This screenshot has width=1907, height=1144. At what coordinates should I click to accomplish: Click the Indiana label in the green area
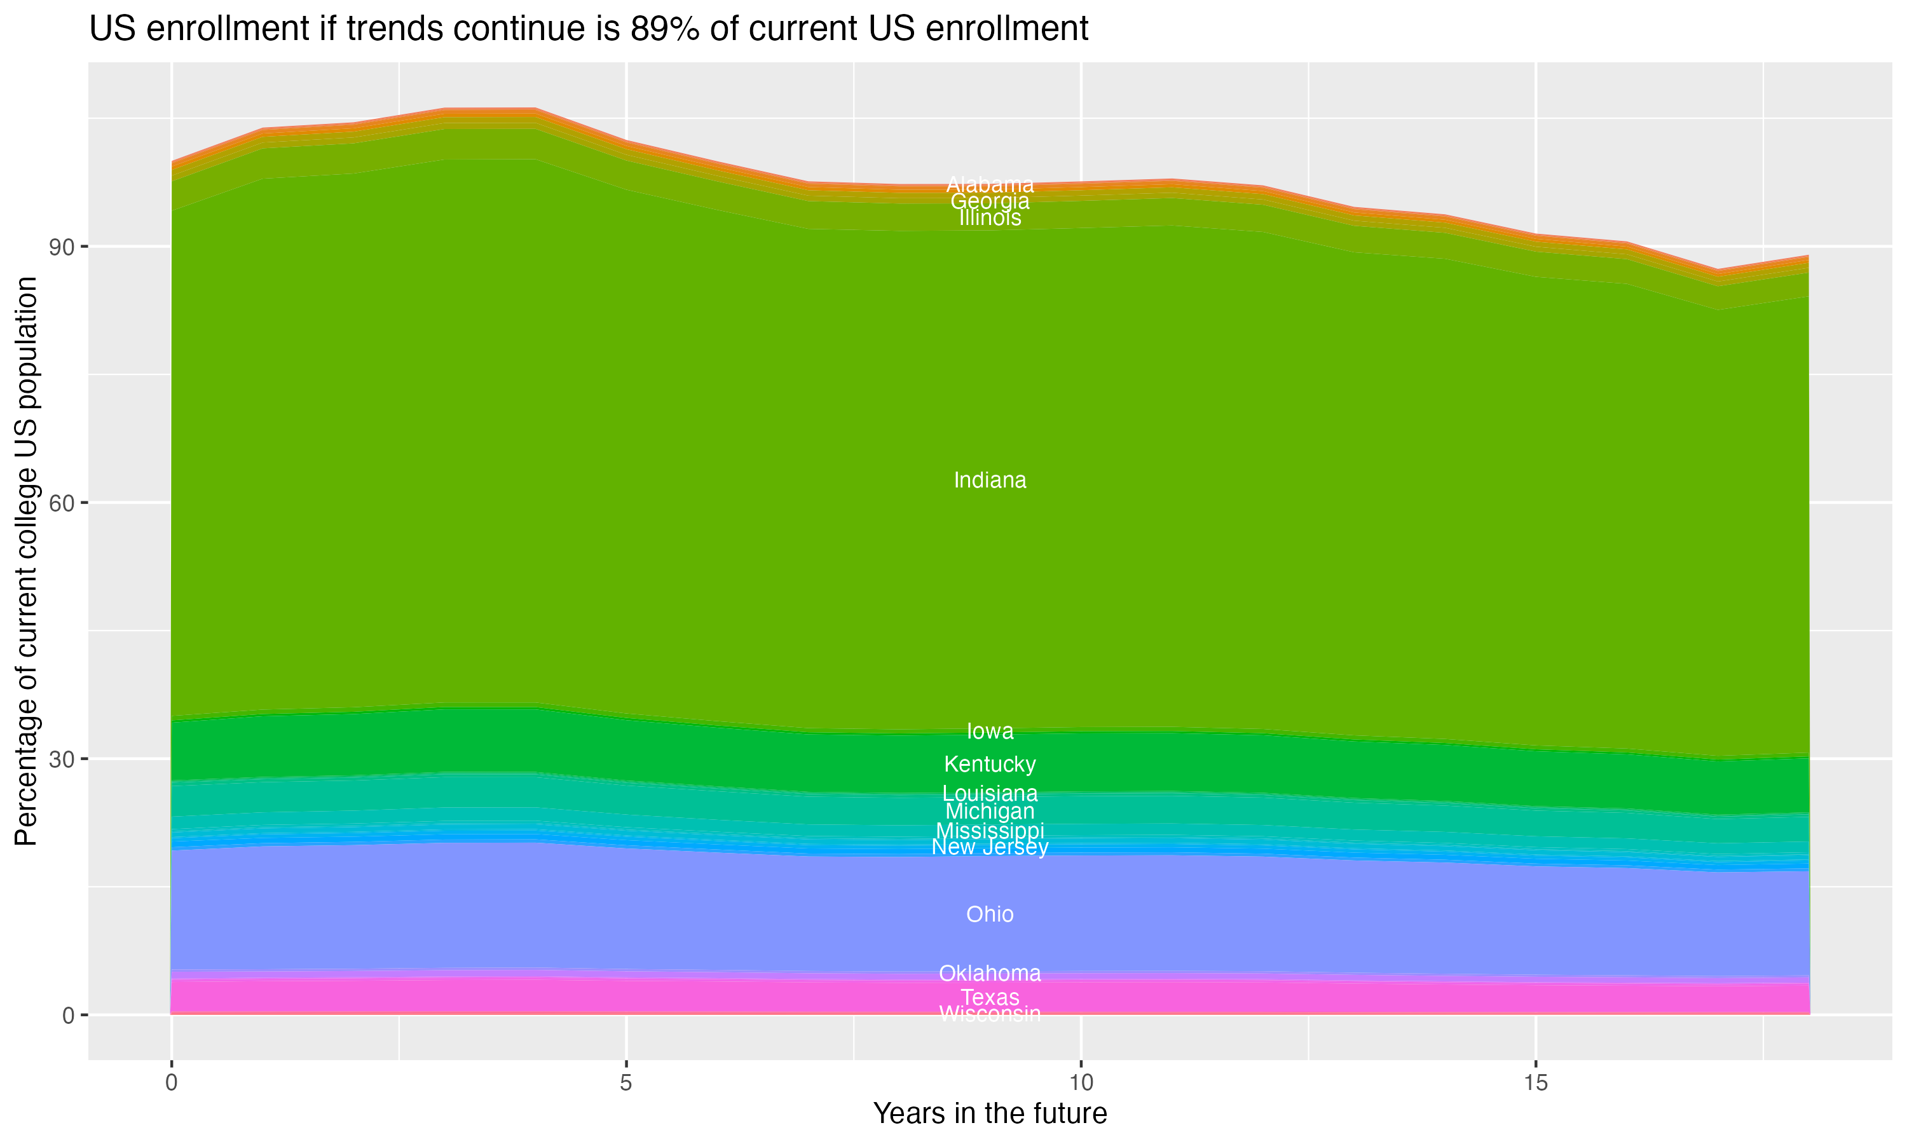tap(990, 480)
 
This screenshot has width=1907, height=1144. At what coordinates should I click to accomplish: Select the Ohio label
tap(990, 915)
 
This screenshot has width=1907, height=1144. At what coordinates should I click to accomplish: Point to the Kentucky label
tap(990, 764)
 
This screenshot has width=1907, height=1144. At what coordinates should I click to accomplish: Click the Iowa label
tap(990, 731)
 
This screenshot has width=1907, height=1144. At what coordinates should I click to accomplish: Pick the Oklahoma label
tap(990, 973)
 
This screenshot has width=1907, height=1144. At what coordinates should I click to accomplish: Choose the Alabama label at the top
tap(990, 185)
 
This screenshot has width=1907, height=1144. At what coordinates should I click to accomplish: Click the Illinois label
tap(990, 218)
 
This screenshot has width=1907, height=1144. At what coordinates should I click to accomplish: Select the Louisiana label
tap(990, 793)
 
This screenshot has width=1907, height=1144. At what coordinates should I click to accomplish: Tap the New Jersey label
tap(990, 847)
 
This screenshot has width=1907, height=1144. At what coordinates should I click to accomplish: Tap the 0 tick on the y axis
tap(69, 1015)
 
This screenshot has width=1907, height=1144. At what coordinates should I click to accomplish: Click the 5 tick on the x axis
tap(626, 1083)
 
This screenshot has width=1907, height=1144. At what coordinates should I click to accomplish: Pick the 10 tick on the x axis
tap(1081, 1083)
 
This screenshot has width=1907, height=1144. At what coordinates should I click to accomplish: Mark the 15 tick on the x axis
tap(1536, 1083)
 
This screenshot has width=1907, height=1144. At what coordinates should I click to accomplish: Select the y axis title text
tap(26, 561)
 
